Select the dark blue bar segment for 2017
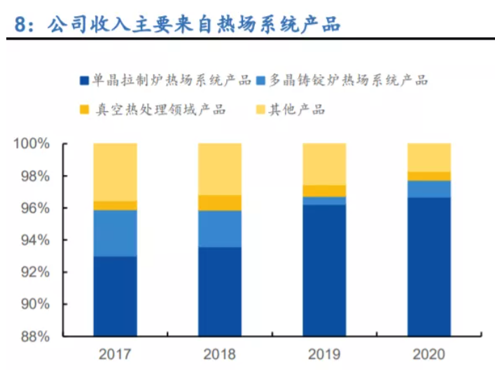[115, 296]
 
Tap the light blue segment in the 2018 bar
[220, 229]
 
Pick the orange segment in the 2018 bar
[220, 203]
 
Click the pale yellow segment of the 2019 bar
[323, 164]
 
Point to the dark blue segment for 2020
[428, 266]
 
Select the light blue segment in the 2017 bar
[115, 233]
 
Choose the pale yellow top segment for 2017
[115, 172]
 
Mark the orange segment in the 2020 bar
[428, 176]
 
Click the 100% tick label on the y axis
[32, 144]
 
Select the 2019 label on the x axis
[323, 355]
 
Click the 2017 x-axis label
[115, 355]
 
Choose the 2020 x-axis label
[428, 355]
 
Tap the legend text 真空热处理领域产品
[160, 109]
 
